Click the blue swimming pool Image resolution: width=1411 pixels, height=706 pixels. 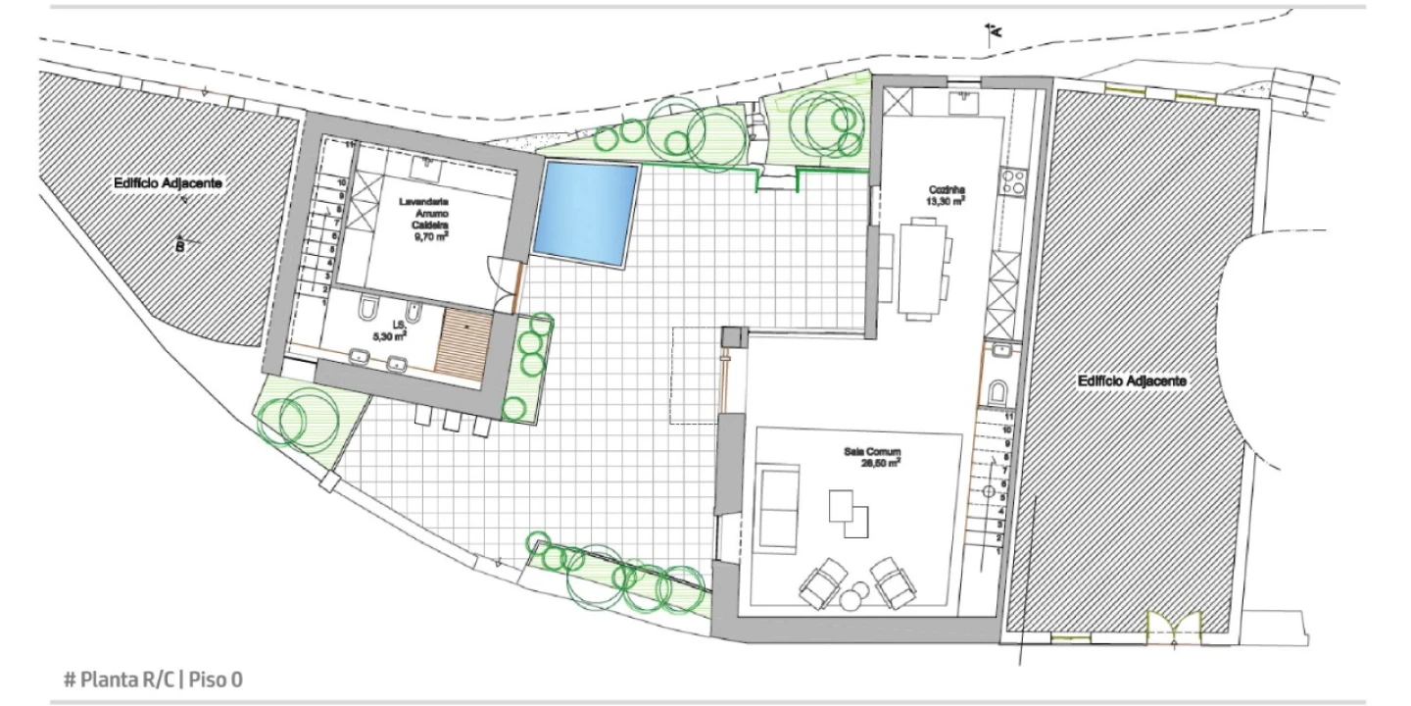pyautogui.click(x=585, y=213)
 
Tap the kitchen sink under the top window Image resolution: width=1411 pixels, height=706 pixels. pyautogui.click(x=960, y=101)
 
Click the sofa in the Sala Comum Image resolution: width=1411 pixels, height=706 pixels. pyautogui.click(x=780, y=511)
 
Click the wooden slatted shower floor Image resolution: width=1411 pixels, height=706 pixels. pyautogui.click(x=465, y=342)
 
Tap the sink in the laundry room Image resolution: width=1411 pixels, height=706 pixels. pyautogui.click(x=429, y=164)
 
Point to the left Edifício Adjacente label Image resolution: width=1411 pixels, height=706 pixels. pyautogui.click(x=168, y=183)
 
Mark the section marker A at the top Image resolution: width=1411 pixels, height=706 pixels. pyautogui.click(x=994, y=32)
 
